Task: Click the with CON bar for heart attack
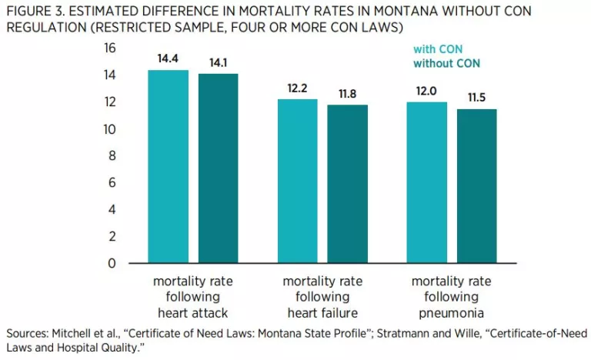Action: point(169,166)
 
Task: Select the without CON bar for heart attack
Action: point(218,168)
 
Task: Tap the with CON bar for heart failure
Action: point(297,181)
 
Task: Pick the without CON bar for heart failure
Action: point(348,184)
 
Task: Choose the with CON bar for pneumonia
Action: point(426,182)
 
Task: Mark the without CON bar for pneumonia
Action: point(476,185)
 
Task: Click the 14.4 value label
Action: point(169,58)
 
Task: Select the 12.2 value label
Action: point(297,88)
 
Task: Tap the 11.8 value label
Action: point(348,93)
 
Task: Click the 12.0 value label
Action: point(426,91)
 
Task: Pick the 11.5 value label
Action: point(476,98)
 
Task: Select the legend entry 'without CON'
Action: point(446,63)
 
